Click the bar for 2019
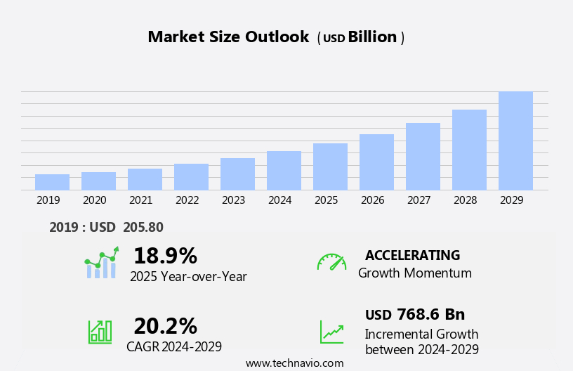point(52,182)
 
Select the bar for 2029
point(515,141)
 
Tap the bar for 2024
point(284,171)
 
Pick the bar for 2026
point(376,162)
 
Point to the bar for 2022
point(191,177)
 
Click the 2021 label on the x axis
point(140,200)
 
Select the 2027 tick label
point(419,200)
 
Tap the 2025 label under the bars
point(326,200)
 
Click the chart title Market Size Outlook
point(228,37)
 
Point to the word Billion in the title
point(372,37)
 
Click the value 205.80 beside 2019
point(143,227)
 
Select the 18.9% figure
point(165,256)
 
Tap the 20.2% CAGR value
point(165,326)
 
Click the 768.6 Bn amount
point(430,315)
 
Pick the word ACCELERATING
point(412,255)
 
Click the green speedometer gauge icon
point(331,262)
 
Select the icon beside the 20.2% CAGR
point(100,331)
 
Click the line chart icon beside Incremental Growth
point(331,332)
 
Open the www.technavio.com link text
point(294,363)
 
